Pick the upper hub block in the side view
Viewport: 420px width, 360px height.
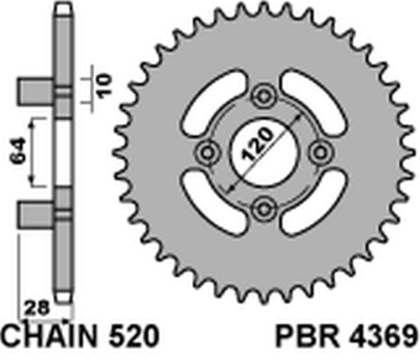pyautogui.click(x=36, y=90)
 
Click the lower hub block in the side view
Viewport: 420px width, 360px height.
pyautogui.click(x=36, y=213)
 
